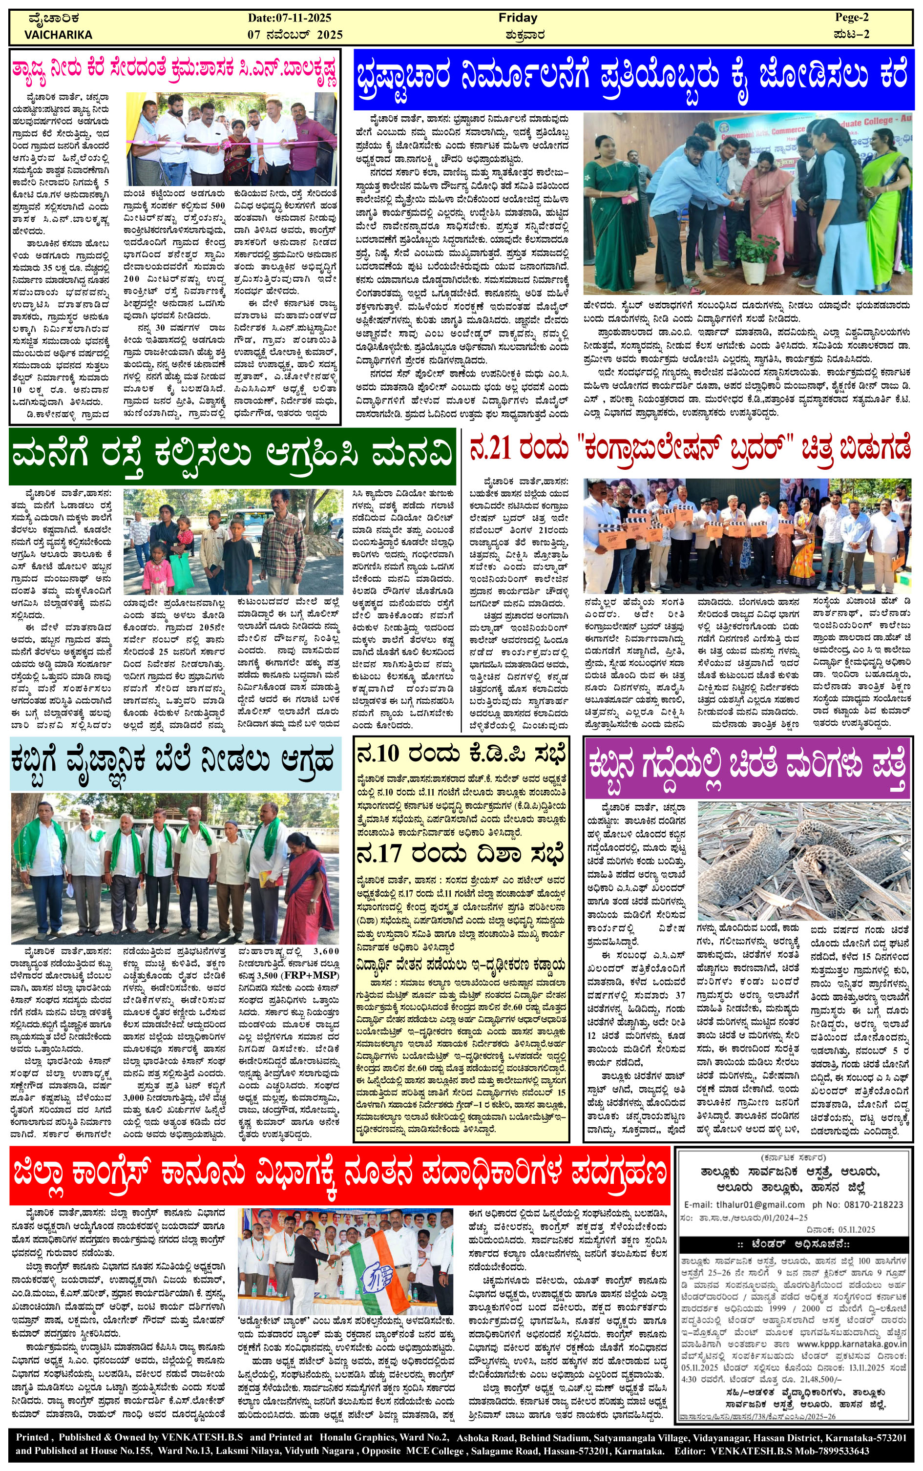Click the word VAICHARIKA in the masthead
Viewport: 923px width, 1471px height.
[x=59, y=35]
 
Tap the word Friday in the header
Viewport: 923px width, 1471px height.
[x=518, y=18]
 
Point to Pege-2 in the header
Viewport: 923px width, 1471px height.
[x=852, y=18]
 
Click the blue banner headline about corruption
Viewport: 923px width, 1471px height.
[x=634, y=81]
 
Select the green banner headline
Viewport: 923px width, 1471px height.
[x=232, y=457]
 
